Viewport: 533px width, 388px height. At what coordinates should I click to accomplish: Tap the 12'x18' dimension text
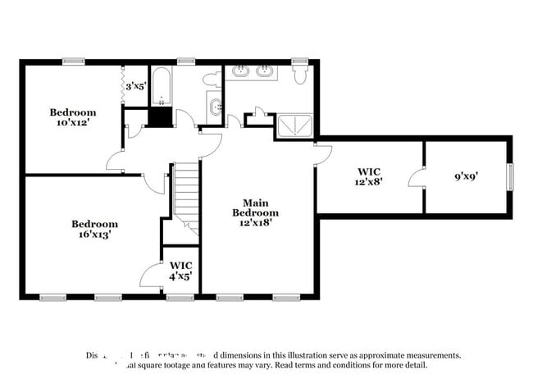pyautogui.click(x=255, y=221)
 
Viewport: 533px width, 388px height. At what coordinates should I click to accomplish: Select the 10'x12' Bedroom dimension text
pyautogui.click(x=72, y=123)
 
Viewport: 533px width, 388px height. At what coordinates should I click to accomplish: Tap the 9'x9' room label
pyautogui.click(x=467, y=175)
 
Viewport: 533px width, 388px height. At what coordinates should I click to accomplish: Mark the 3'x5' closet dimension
pyautogui.click(x=134, y=85)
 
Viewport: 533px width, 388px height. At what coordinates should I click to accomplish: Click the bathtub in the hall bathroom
pyautogui.click(x=161, y=87)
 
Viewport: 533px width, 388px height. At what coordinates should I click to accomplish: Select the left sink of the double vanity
pyautogui.click(x=242, y=72)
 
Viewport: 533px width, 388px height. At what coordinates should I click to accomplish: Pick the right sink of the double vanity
pyautogui.click(x=266, y=72)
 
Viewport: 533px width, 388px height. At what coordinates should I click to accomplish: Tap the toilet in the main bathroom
pyautogui.click(x=299, y=74)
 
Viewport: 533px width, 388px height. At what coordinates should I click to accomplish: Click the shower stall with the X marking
pyautogui.click(x=293, y=125)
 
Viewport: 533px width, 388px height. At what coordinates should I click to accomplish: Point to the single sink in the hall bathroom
pyautogui.click(x=216, y=106)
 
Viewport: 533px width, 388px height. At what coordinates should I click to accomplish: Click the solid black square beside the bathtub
pyautogui.click(x=161, y=116)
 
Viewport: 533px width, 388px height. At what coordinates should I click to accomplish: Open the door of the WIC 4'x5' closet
pyautogui.click(x=152, y=276)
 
